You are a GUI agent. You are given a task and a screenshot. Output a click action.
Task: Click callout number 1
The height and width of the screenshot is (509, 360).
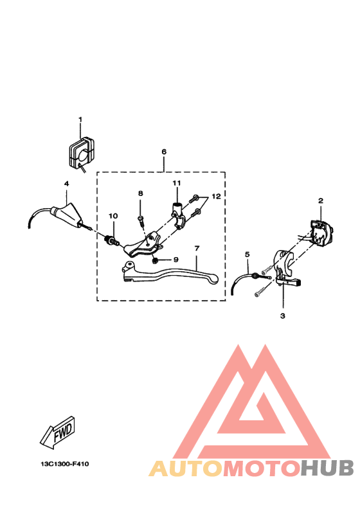81,120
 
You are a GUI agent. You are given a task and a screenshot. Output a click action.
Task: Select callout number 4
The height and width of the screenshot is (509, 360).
66,184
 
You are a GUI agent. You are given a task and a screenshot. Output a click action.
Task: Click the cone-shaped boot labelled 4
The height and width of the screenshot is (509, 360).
67,213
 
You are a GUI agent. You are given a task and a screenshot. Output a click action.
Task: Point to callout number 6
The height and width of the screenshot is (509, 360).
164,152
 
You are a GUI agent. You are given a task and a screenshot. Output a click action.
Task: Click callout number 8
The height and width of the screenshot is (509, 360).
140,193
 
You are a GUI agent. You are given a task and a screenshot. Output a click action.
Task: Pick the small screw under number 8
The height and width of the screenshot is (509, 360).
141,219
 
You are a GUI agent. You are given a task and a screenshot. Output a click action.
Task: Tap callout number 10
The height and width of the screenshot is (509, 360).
113,215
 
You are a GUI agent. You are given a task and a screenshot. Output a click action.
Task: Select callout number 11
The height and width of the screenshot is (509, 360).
175,184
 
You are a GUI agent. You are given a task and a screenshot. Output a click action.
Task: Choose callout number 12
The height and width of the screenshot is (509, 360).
216,197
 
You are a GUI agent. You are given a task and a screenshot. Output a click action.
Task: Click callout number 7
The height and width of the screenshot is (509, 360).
197,248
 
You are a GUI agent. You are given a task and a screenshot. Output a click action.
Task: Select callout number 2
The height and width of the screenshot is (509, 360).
320,201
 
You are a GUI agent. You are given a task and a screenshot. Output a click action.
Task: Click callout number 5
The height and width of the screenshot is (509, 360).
247,254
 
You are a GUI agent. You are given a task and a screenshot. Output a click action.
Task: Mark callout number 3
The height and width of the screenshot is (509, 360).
282,316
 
